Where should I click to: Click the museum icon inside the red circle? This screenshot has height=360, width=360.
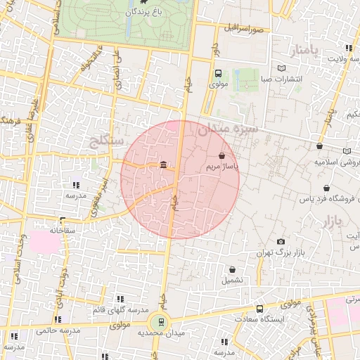[x=163, y=165]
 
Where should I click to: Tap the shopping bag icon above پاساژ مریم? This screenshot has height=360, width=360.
[x=222, y=155]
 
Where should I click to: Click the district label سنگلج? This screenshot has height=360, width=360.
[x=108, y=143]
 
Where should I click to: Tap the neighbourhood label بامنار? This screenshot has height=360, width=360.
[x=304, y=51]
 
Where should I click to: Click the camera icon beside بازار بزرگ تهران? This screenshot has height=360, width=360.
[x=281, y=241]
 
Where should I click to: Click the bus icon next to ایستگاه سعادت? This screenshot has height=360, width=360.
[x=259, y=309]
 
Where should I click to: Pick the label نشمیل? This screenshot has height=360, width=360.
[x=233, y=279]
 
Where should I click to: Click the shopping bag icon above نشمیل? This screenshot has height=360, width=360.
[x=233, y=269]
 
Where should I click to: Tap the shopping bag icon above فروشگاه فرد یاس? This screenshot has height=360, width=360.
[x=326, y=188]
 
